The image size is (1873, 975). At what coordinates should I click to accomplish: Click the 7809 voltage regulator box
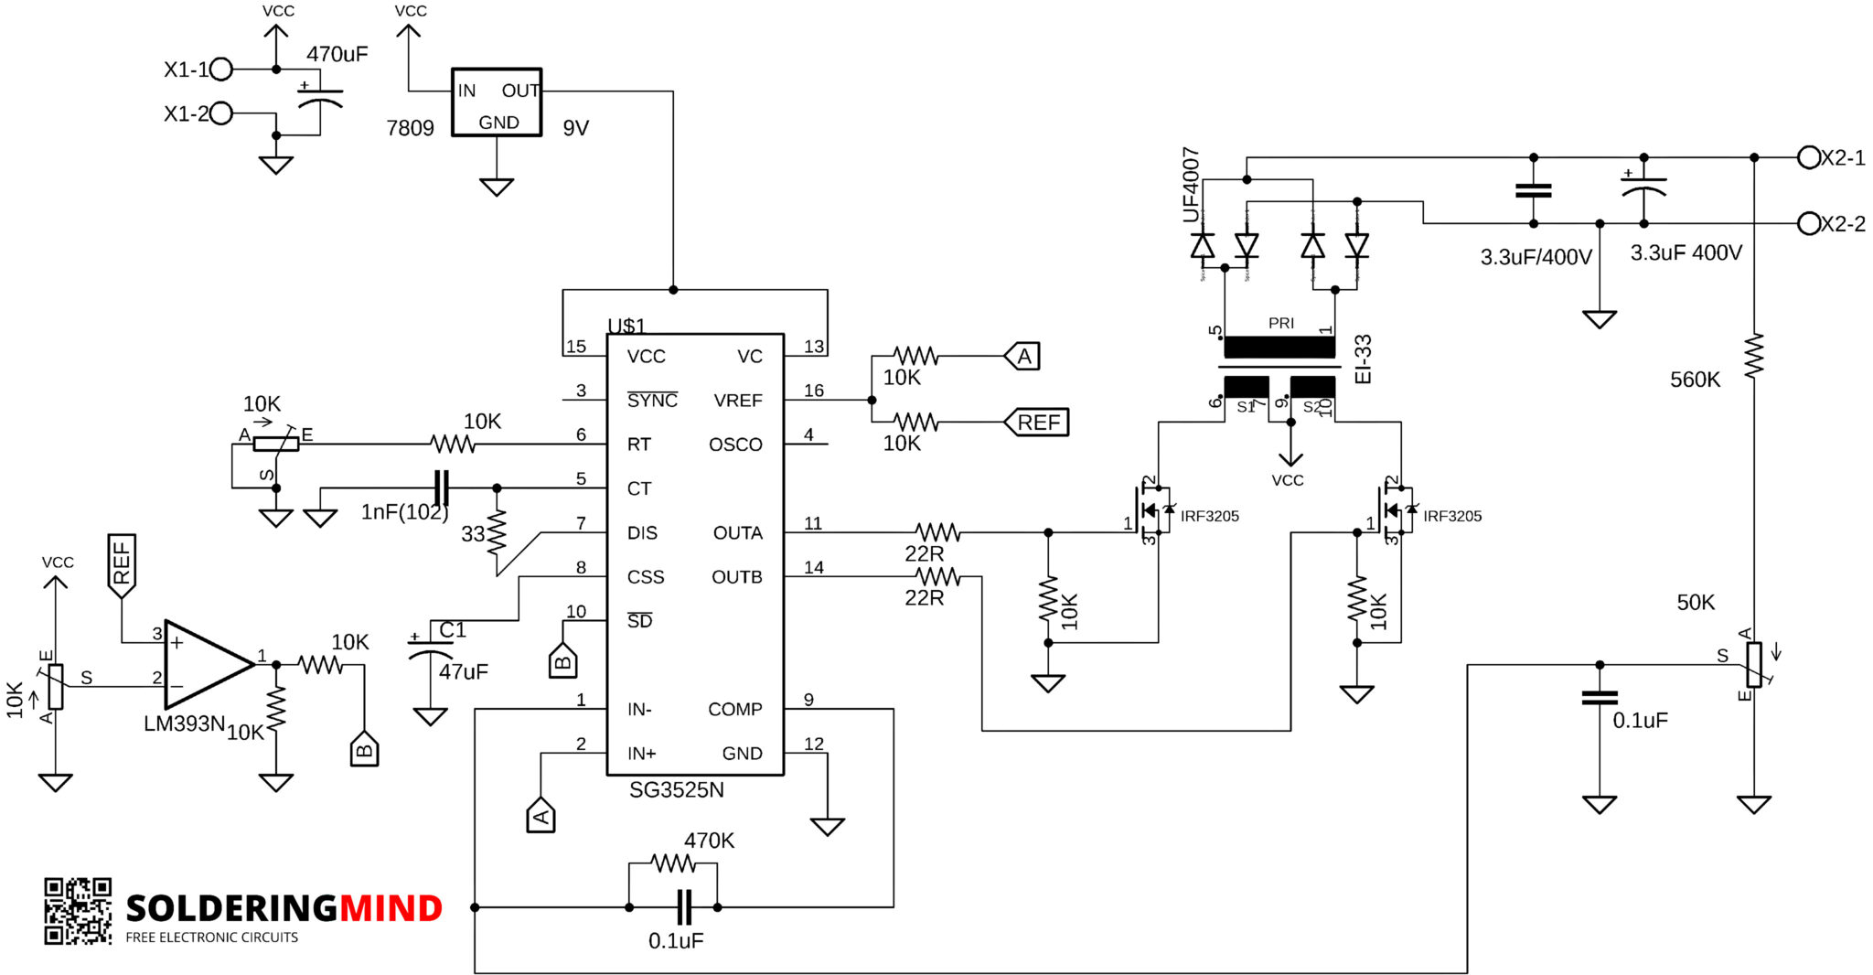click(497, 102)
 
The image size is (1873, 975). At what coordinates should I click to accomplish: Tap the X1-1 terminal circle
click(221, 69)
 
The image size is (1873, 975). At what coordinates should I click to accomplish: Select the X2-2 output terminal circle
click(1808, 223)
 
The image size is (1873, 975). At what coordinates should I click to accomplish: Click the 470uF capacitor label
click(337, 54)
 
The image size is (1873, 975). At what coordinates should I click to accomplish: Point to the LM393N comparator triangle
click(203, 665)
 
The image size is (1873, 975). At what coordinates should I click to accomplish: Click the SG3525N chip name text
click(676, 790)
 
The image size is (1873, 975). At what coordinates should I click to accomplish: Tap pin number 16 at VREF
click(813, 391)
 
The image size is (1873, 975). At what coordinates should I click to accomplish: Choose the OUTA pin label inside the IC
click(737, 532)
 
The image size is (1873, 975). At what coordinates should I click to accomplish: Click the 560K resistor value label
click(1695, 380)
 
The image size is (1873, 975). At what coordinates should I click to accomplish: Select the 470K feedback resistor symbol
click(673, 862)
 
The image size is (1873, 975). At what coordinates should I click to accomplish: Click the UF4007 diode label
click(1190, 185)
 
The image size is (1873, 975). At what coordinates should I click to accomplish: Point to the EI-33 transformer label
click(1363, 359)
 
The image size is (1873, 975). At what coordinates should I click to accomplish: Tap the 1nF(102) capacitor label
click(404, 512)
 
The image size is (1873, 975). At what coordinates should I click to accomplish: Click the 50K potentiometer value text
click(1695, 602)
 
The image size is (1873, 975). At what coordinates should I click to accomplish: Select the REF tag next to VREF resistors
click(1037, 423)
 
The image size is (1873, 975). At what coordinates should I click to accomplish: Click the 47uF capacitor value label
click(463, 672)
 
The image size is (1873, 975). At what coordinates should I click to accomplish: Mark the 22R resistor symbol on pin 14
click(937, 576)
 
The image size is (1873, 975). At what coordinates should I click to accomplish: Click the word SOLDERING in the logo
click(231, 908)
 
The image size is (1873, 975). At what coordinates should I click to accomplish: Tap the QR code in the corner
click(78, 911)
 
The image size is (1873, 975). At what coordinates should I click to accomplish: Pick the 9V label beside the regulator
click(575, 128)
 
